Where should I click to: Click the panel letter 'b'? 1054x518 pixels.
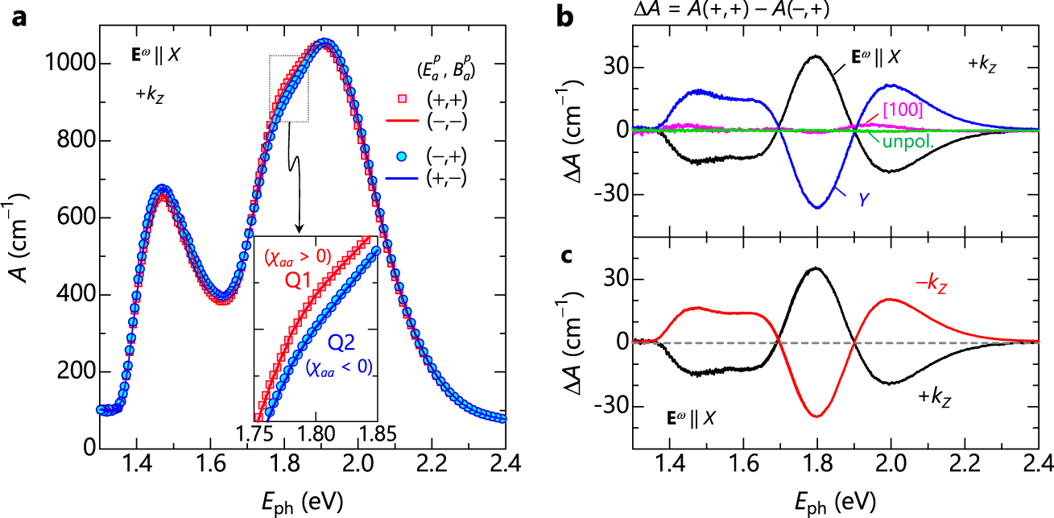click(x=566, y=15)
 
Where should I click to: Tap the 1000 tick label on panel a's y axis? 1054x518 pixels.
click(x=68, y=64)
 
